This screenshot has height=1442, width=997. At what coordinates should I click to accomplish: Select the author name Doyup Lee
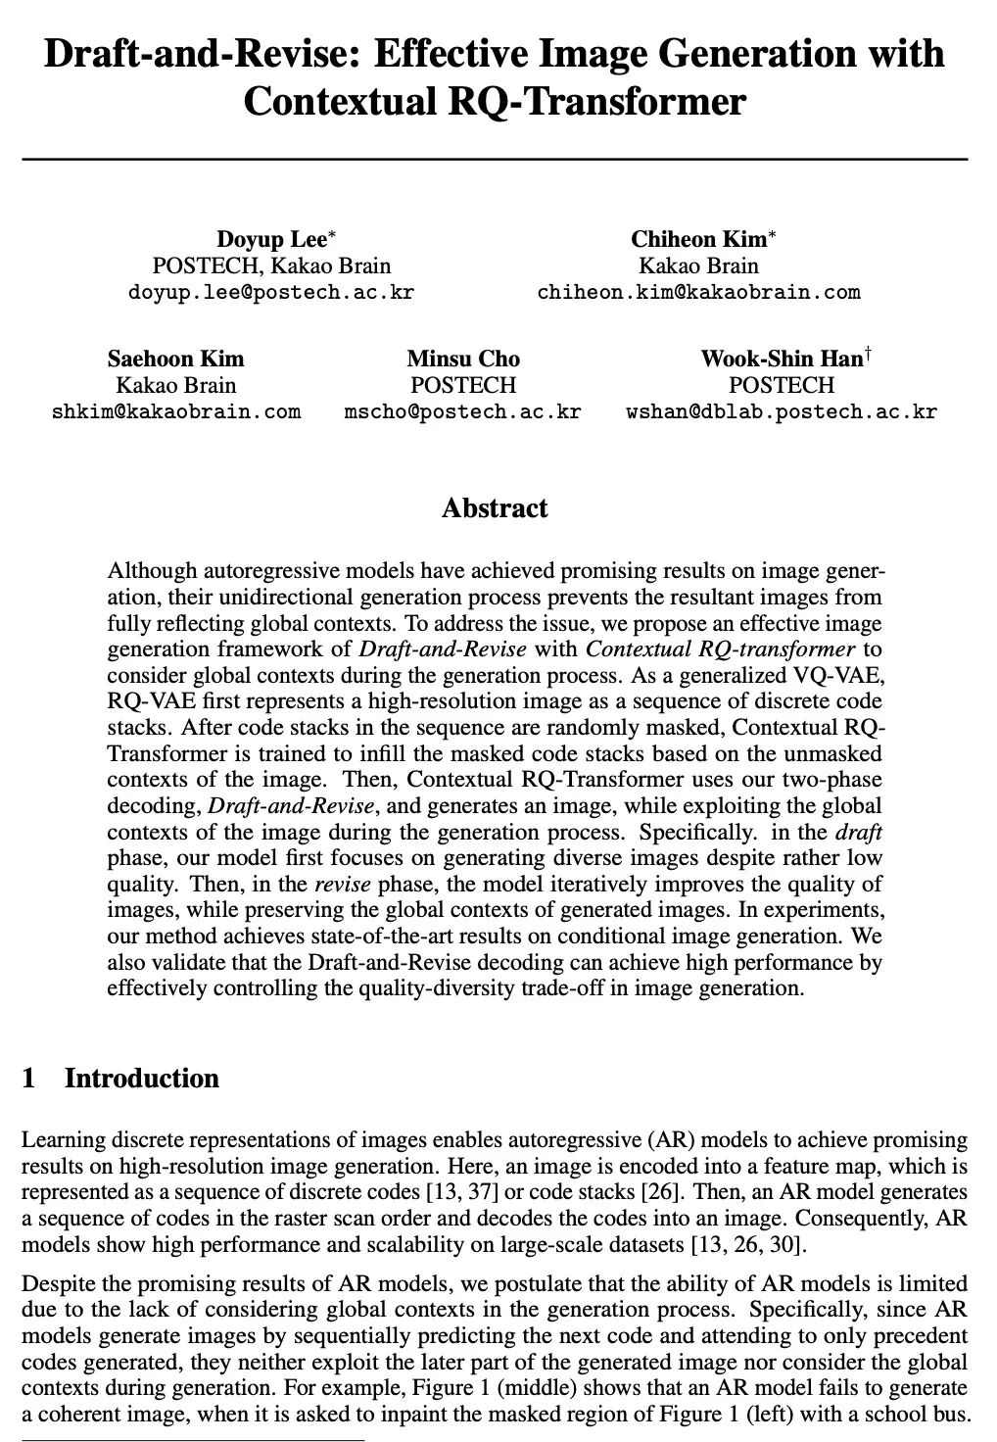point(271,240)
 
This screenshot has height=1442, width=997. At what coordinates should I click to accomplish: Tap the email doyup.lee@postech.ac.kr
point(271,292)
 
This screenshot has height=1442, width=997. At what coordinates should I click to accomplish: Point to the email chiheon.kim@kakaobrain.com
point(698,292)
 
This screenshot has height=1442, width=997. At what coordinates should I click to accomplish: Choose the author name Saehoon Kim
point(175,359)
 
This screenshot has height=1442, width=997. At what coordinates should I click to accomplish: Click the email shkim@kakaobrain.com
point(175,411)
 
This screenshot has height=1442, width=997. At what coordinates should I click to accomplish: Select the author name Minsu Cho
point(463,359)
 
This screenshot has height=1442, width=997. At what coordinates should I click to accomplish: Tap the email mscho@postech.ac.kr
point(462,411)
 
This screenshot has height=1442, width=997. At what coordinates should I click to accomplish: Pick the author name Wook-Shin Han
point(780,359)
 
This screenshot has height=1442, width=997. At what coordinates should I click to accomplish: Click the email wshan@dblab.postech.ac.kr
point(781,411)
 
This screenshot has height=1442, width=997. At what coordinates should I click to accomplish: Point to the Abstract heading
point(495,508)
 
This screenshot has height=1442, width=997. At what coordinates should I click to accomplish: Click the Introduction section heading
point(142,1079)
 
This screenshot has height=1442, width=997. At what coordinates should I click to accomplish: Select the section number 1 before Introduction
point(28,1079)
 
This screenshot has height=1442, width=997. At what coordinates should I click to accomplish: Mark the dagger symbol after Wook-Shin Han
point(868,352)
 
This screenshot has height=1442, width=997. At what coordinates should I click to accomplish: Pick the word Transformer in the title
point(647,101)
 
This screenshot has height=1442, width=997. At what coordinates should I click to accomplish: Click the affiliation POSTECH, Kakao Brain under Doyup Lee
point(271,265)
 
